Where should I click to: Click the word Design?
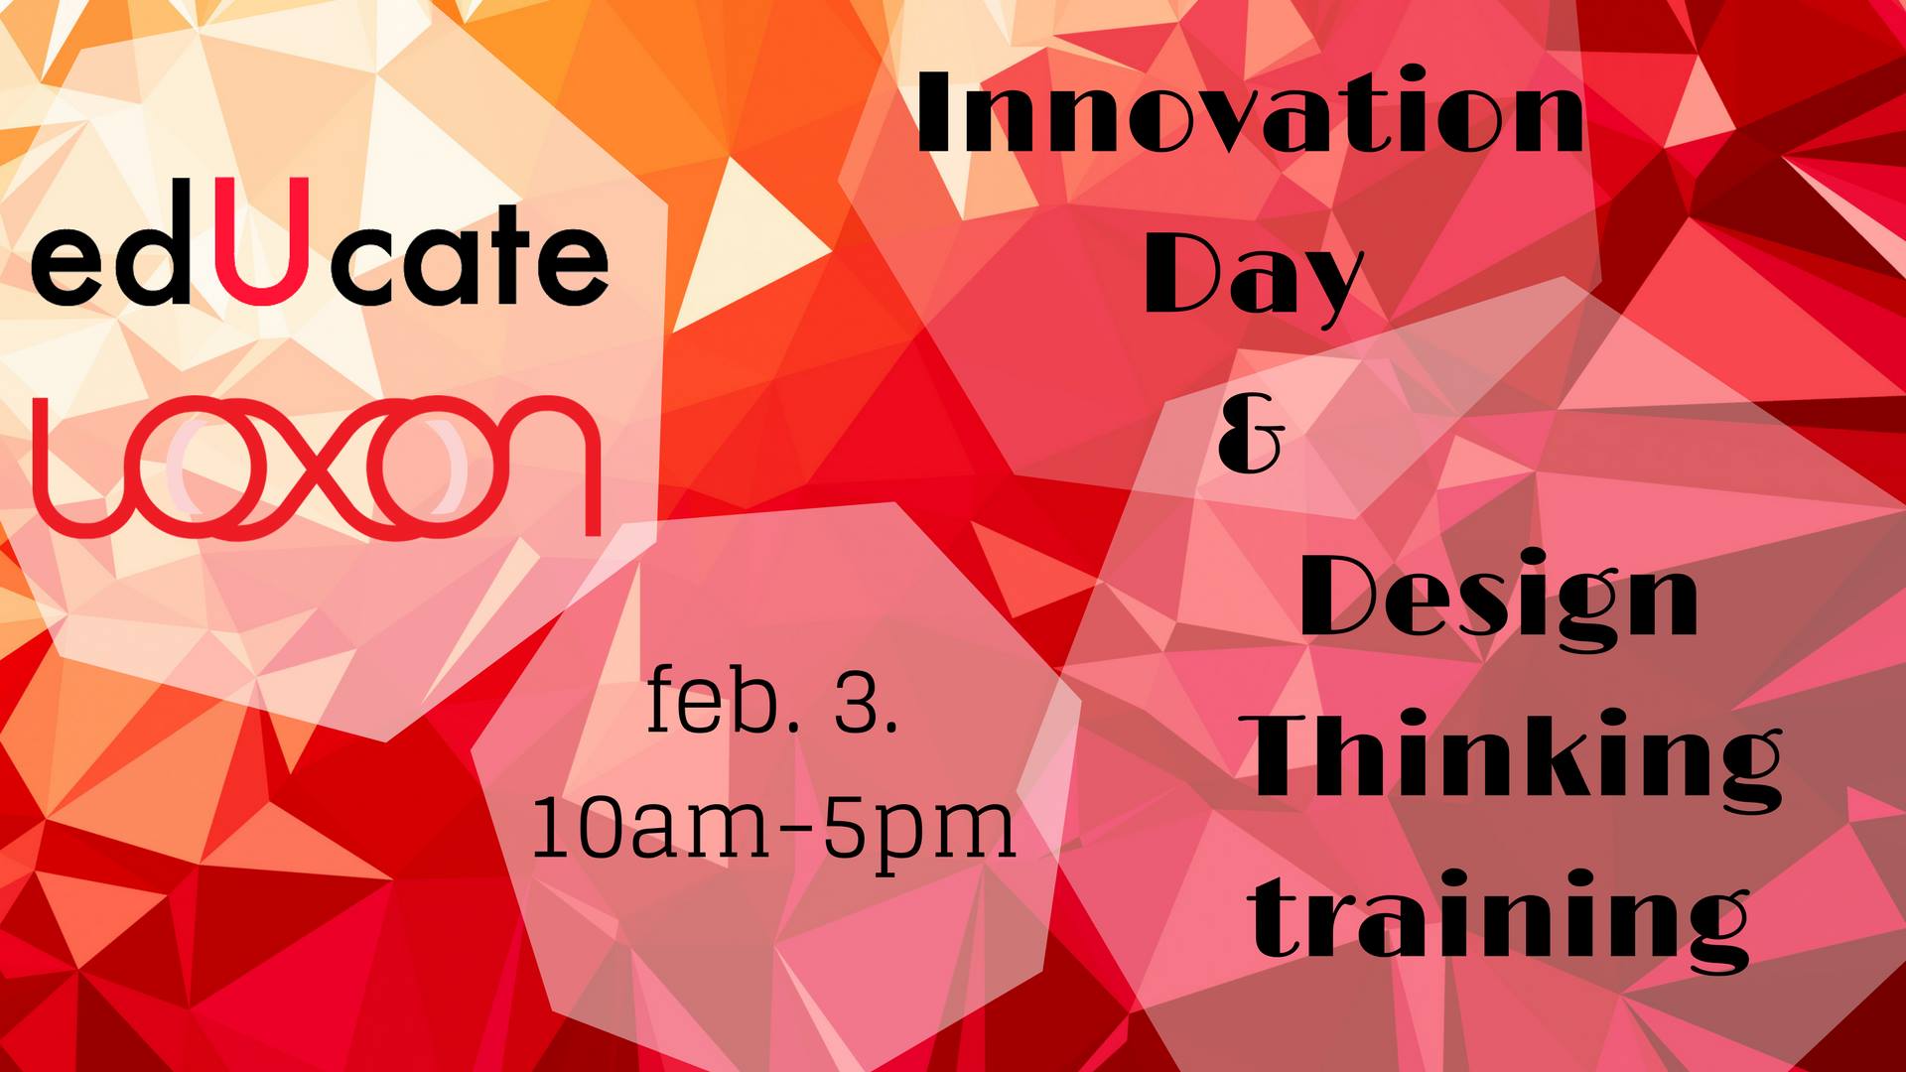coord(1499,600)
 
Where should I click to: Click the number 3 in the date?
coord(856,703)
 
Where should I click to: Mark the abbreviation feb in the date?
coord(709,701)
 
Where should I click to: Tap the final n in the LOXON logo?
coord(536,467)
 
